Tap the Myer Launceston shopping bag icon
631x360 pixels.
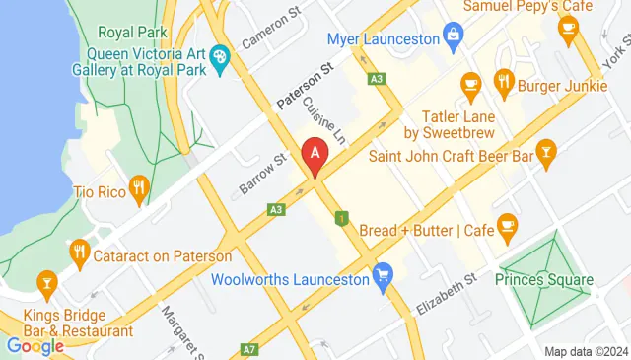(x=453, y=39)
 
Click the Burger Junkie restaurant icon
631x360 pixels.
(x=505, y=82)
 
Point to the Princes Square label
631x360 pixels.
(x=547, y=279)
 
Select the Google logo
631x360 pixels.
(x=35, y=346)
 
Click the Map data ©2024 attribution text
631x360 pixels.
(x=586, y=351)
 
